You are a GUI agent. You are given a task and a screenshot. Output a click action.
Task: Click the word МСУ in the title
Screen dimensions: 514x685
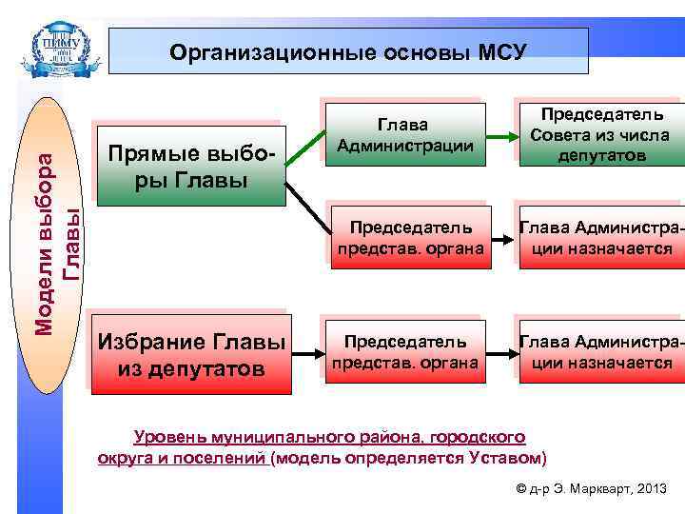point(497,51)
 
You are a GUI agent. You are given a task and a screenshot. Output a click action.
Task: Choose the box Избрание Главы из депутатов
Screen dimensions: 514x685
point(201,353)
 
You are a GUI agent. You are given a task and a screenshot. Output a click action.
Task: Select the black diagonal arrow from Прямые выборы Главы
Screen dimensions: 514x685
point(304,206)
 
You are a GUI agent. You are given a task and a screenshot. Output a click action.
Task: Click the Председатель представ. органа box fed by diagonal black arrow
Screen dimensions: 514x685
point(410,238)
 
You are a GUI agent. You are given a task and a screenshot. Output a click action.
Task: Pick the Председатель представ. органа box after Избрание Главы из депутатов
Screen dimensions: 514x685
point(404,350)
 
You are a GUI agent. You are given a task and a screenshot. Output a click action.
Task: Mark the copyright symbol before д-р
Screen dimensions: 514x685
point(519,489)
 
